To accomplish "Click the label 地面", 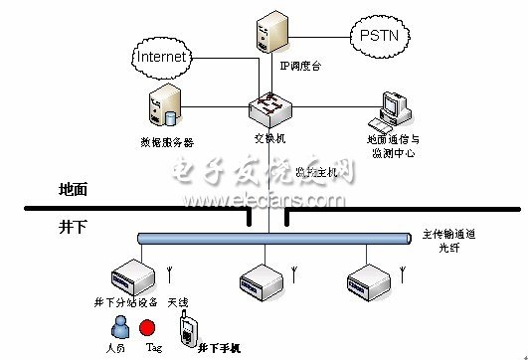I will (75, 188).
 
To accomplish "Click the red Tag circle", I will (148, 327).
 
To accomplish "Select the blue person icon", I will (118, 327).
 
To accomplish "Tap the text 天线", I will (180, 299).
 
